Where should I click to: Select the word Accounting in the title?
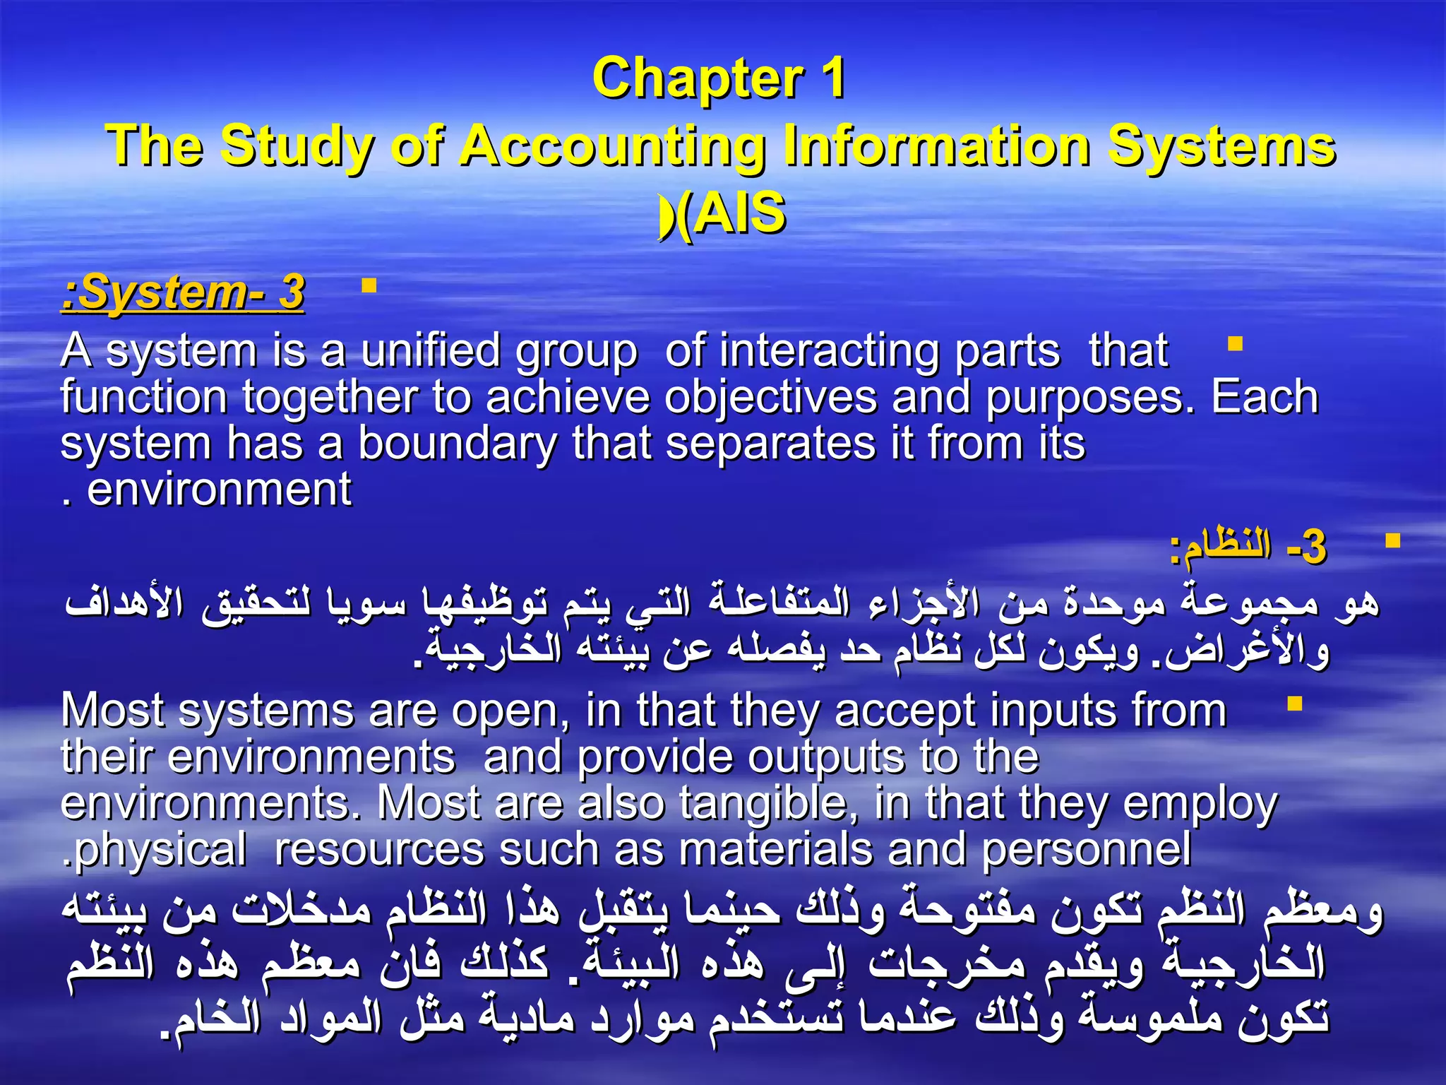tap(613, 146)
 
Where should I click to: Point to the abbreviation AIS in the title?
tap(739, 213)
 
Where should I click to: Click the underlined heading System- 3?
tap(184, 293)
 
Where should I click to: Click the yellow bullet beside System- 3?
tap(369, 286)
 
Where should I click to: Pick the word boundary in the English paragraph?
tap(458, 444)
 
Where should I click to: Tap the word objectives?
tap(770, 397)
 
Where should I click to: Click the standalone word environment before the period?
tap(219, 490)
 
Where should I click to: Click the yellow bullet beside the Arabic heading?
tap(1392, 542)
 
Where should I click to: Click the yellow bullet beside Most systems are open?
tap(1294, 704)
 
